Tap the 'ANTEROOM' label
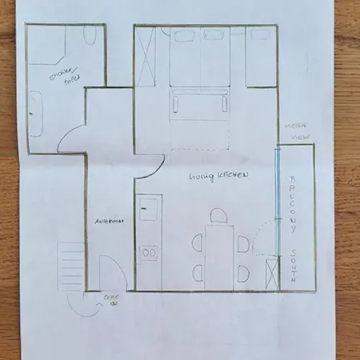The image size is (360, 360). pos(107,222)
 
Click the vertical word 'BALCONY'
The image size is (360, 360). pos(293,203)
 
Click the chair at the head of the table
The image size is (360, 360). pos(218,215)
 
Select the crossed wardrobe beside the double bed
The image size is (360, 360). pos(146,53)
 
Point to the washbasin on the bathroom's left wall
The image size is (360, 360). pos(35,108)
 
